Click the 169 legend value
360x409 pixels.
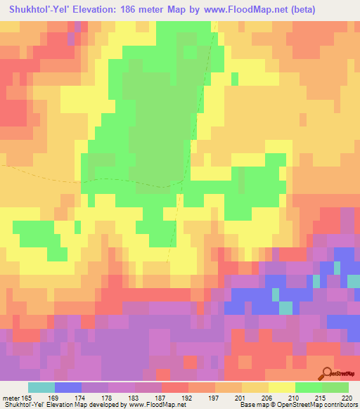[67, 398]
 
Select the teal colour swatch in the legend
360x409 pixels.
[41, 387]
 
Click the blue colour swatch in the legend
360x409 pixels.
[68, 387]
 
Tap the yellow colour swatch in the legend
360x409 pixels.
[282, 387]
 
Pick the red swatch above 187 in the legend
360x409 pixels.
[175, 387]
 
